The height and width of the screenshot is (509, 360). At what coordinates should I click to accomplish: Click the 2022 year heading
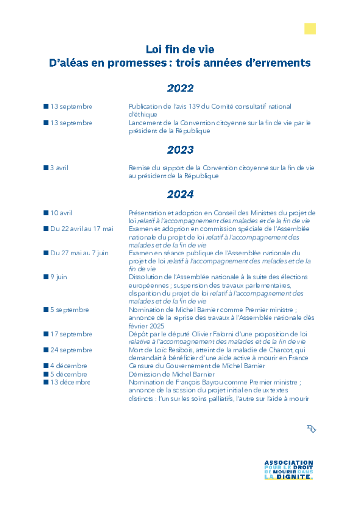(x=180, y=88)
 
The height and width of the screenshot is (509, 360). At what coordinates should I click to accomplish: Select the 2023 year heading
(x=180, y=150)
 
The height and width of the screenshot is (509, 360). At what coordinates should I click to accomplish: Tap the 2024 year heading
(x=180, y=194)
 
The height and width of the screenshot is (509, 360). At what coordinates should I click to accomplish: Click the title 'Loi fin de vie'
(x=180, y=49)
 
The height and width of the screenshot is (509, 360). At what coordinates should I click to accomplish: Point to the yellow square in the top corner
(x=310, y=29)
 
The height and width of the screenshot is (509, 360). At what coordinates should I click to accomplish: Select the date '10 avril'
(x=61, y=213)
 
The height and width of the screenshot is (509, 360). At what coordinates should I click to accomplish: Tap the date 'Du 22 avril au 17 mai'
(x=82, y=229)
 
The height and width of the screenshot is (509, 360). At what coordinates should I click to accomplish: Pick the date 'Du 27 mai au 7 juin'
(x=79, y=253)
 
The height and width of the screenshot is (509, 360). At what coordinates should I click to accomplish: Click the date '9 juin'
(x=58, y=277)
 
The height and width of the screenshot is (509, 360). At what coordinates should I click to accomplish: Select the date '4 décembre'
(x=68, y=366)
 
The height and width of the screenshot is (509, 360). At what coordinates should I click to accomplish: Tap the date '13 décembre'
(x=70, y=382)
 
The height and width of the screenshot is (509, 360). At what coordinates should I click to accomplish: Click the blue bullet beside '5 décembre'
(x=46, y=374)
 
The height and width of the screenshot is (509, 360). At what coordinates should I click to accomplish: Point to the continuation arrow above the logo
(x=312, y=429)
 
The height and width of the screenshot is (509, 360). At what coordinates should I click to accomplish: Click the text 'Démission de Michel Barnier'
(x=172, y=374)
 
